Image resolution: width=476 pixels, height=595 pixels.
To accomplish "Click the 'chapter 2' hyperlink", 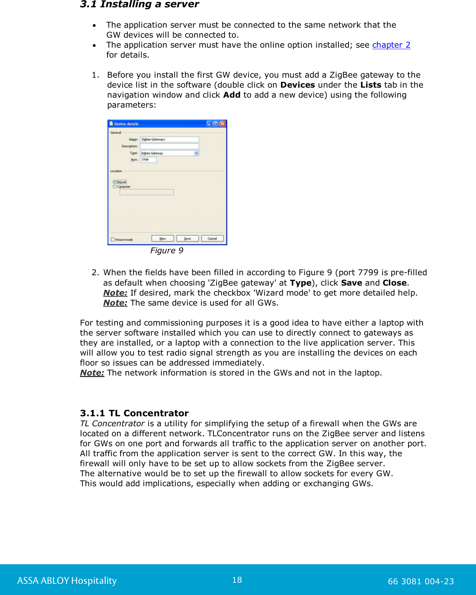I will pyautogui.click(x=391, y=45).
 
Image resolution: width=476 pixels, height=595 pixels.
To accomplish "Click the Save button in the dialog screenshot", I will pyautogui.click(x=187, y=239).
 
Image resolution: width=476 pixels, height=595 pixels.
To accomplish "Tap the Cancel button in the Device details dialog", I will pyautogui.click(x=212, y=239).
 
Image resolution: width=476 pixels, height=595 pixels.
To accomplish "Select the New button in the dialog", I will pyautogui.click(x=162, y=239).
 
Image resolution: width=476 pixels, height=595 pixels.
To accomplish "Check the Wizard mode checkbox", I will pyautogui.click(x=113, y=239).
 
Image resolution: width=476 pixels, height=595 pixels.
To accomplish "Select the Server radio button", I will pyautogui.click(x=115, y=182).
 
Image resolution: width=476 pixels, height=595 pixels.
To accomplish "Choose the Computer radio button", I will pyautogui.click(x=115, y=186).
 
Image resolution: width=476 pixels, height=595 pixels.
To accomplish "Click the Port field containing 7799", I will pyautogui.click(x=148, y=160).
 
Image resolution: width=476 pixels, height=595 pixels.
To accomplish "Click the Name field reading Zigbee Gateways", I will pyautogui.click(x=169, y=140).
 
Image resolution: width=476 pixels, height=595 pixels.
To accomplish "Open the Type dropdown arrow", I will pyautogui.click(x=197, y=153).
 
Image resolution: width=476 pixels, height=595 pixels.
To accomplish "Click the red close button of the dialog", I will pyautogui.click(x=223, y=124).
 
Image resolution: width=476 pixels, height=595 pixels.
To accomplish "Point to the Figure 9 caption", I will pyautogui.click(x=167, y=251).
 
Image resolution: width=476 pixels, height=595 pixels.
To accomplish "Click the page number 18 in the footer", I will pyautogui.click(x=237, y=580).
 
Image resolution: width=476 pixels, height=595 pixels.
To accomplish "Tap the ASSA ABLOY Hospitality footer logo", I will pyautogui.click(x=67, y=580).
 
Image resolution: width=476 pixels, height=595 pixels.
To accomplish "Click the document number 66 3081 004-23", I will pyautogui.click(x=421, y=581).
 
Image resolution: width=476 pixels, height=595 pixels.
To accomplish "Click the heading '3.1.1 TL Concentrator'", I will pyautogui.click(x=134, y=413).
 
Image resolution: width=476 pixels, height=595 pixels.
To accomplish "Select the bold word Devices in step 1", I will pyautogui.click(x=297, y=85).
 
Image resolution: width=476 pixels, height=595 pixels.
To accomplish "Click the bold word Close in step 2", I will pyautogui.click(x=394, y=283).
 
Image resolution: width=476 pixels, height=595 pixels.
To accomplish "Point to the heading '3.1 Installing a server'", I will pyautogui.click(x=139, y=4).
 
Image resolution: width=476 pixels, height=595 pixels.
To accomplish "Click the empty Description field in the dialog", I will pyautogui.click(x=169, y=146).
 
